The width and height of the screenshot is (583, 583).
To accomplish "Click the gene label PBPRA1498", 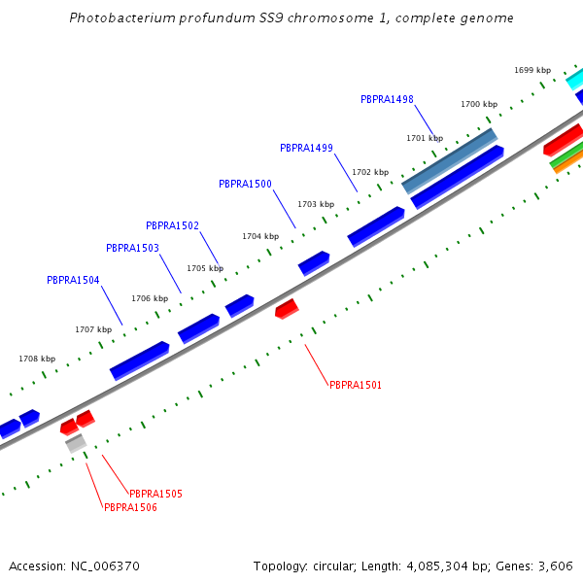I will tap(387, 99).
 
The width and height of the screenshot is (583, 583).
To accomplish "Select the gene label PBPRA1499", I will tap(306, 148).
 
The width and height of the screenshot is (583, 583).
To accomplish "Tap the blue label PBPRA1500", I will tap(245, 184).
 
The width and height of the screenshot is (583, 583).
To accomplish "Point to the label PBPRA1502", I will tap(172, 225).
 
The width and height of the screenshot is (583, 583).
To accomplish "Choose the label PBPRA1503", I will tap(132, 248).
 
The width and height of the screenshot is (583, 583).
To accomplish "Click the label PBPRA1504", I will tap(73, 280).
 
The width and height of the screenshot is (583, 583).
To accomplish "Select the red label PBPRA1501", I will tap(356, 385).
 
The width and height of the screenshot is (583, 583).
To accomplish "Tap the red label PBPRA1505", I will tap(155, 494).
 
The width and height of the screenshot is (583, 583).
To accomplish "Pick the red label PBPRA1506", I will tap(130, 507).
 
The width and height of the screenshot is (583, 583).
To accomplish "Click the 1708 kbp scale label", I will tap(37, 359).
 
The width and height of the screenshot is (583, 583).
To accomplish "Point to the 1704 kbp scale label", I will tap(260, 236).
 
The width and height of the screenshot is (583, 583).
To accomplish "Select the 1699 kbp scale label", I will tap(532, 70).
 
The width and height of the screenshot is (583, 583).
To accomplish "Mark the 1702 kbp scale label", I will tap(370, 172).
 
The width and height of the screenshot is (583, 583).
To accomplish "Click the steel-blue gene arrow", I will tap(449, 160).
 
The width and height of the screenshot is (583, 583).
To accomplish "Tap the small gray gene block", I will tap(76, 443).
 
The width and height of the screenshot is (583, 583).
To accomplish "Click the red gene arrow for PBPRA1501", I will tap(287, 309).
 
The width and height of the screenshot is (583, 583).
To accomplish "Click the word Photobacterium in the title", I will tap(121, 18).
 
